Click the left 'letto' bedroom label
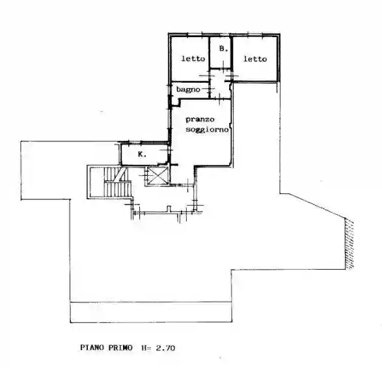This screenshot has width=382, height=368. pos(193,59)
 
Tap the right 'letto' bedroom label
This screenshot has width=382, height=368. pos(255,59)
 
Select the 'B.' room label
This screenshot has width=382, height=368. pos(223,48)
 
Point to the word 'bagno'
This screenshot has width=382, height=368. pos(188,89)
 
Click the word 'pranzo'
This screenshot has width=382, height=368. pos(200,119)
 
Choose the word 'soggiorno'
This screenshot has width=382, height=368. pos(207,129)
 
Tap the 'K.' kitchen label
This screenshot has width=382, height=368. pos(142,154)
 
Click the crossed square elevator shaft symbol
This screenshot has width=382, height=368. pos(158,175)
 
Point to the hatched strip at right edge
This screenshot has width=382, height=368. pos(349,244)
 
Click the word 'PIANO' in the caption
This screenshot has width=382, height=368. pos(92,348)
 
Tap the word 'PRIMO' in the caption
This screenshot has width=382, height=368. pos(120,348)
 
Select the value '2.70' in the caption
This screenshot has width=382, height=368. pos(165,348)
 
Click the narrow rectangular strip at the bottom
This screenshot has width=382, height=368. pos(151,312)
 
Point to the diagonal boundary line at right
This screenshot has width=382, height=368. pos(317,206)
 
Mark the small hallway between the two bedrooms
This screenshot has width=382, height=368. pos(220,83)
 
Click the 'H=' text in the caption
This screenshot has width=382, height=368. pos(146,348)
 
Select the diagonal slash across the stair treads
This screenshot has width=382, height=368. pos(120,174)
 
